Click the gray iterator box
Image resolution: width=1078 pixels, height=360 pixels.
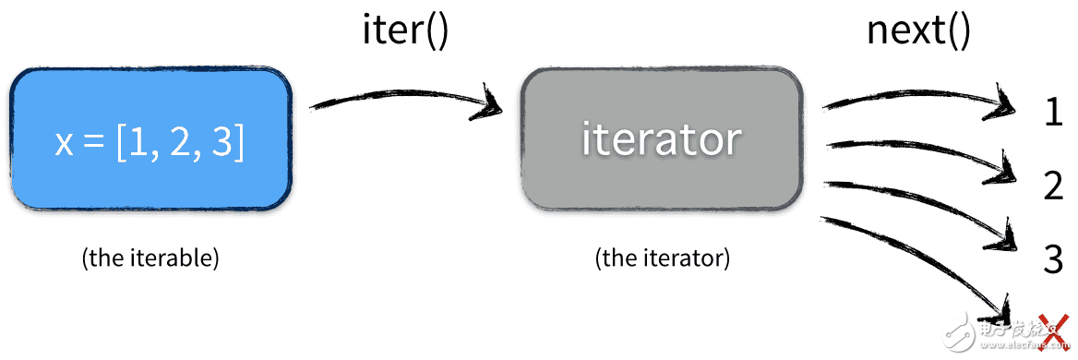[x=661, y=139]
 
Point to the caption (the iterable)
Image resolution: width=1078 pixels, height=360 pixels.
[x=150, y=258]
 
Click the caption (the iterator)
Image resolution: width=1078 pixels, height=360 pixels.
[x=662, y=258]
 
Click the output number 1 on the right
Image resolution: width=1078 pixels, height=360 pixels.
[x=1053, y=113]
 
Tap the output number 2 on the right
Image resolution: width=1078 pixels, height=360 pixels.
[x=1053, y=186]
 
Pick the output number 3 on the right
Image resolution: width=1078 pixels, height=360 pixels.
[x=1053, y=259]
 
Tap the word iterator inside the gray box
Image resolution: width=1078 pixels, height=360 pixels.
[x=661, y=139]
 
